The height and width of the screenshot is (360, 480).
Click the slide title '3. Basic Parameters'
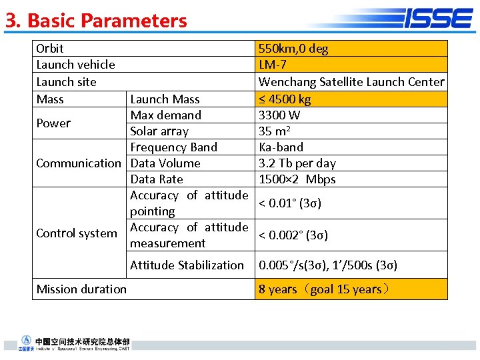click(97, 21)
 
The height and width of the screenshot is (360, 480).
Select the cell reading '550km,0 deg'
click(293, 49)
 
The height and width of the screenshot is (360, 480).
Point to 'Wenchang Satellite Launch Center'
click(351, 82)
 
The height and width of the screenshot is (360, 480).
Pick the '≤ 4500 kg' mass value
click(285, 99)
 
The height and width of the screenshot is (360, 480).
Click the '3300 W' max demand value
click(279, 115)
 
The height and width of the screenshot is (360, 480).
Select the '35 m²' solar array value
click(275, 131)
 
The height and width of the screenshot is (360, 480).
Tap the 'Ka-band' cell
click(281, 147)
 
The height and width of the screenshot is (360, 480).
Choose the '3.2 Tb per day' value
click(297, 163)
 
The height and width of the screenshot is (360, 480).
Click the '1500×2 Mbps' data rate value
click(297, 179)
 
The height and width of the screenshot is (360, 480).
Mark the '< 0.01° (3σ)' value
click(290, 203)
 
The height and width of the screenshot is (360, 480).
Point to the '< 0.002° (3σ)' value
click(293, 235)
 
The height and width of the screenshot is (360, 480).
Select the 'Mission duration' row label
click(81, 289)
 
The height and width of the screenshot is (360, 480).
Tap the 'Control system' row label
click(77, 233)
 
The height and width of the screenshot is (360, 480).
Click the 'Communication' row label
click(79, 163)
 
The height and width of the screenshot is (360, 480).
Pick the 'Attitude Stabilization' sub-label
click(187, 265)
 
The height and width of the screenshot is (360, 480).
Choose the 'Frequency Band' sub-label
click(174, 147)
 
